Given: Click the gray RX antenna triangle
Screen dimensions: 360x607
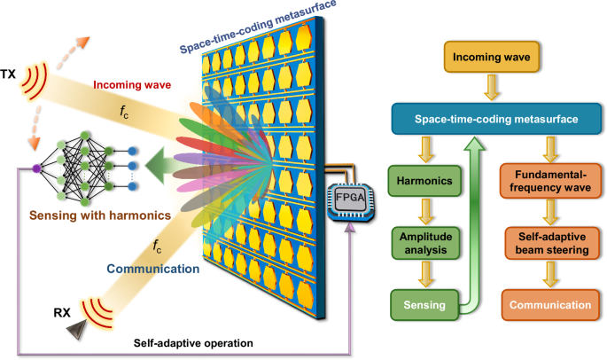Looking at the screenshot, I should point(76,327).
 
